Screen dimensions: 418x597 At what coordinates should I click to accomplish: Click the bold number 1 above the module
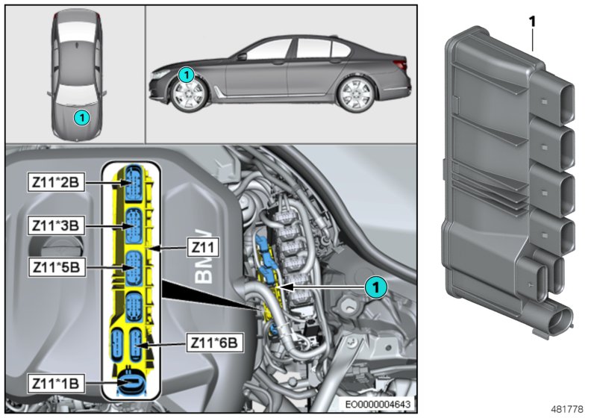pyautogui.click(x=533, y=22)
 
